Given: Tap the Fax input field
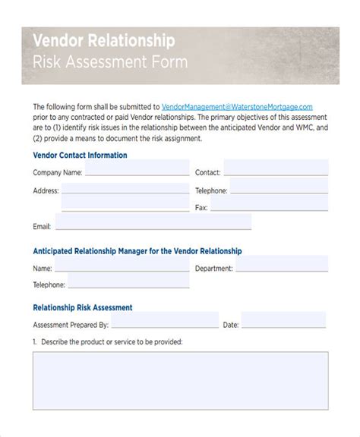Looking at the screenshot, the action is coord(270,206).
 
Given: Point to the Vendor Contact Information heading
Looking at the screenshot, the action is coord(80,155).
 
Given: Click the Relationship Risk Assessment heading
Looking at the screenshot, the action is coord(83,307).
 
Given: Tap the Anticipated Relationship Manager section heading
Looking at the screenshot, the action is coord(137,250).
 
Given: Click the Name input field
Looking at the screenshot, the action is coord(122,267).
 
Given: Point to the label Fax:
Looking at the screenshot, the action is coord(201,207).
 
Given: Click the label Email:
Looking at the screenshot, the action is coord(42,226).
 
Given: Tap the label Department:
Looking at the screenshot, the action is coord(213,268).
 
